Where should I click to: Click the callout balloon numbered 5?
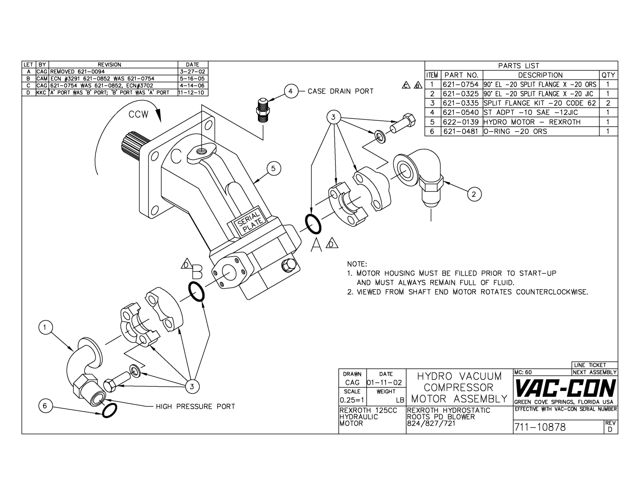coord(273,168)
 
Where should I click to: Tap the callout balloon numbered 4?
coord(291,91)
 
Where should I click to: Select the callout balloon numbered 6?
coord(45,406)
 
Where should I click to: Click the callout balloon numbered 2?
coord(474,194)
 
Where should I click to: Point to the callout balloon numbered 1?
coord(45,327)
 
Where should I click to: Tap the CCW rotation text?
coord(138,115)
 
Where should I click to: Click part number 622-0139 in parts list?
coord(461,122)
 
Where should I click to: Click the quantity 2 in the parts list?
coord(608,103)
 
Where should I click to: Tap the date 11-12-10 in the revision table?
coord(192,93)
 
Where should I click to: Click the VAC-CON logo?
coord(565,388)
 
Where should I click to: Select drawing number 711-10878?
coord(540,427)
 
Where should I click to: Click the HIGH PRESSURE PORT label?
coord(195,406)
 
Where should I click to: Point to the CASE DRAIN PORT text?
coord(341,91)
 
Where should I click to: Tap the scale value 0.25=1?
coord(351,400)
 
